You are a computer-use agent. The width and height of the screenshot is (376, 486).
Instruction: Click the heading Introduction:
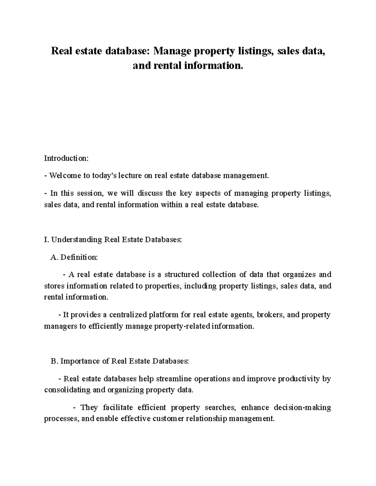tap(66, 158)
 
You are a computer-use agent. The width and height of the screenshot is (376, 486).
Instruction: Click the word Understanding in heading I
tap(76, 240)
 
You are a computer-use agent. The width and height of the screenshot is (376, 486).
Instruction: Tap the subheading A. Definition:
tap(74, 257)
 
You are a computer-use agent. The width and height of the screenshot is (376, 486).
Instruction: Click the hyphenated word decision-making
tap(302, 408)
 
